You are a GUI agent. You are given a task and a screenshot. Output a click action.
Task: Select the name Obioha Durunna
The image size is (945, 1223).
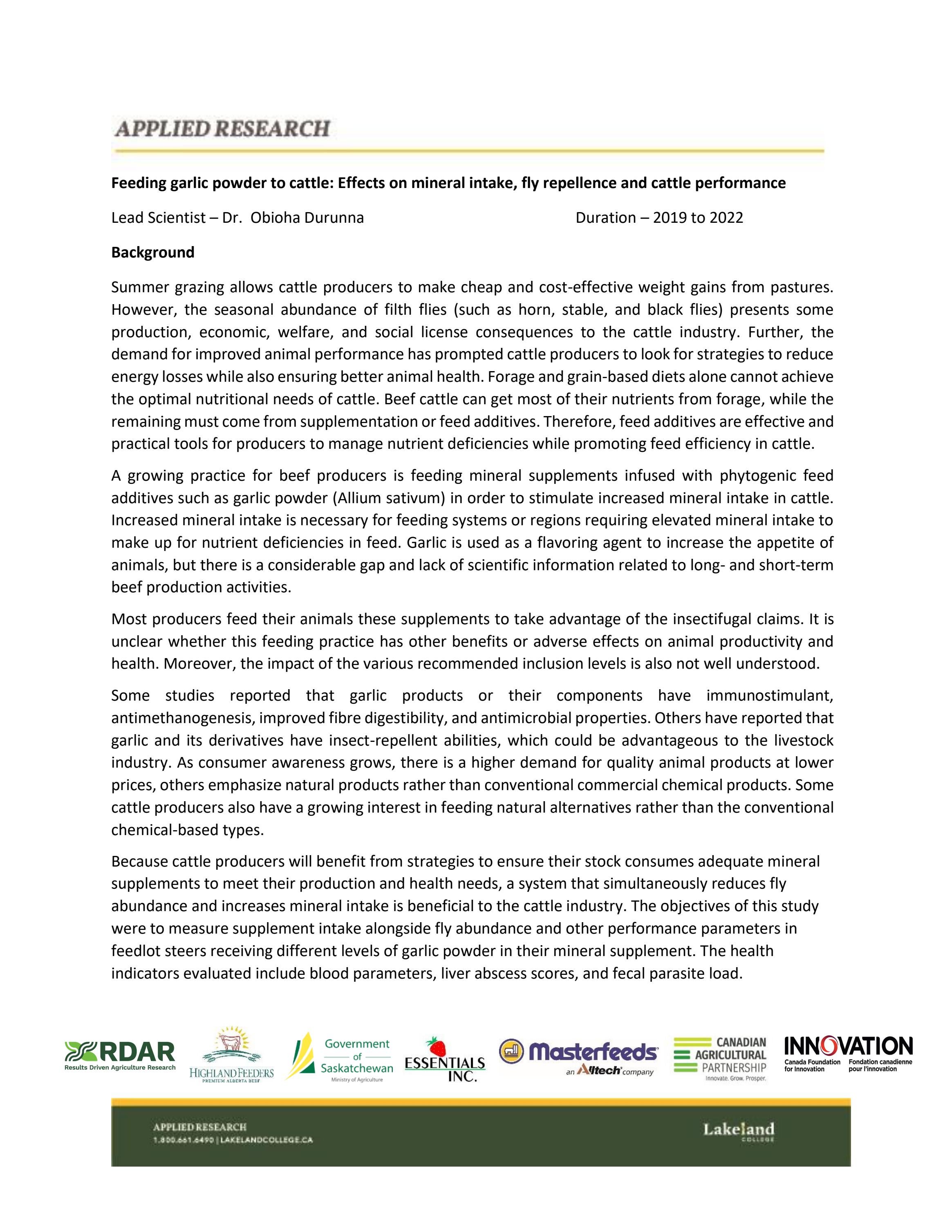[x=307, y=218]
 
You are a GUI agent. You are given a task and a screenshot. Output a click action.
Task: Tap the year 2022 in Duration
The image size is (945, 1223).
[x=726, y=218]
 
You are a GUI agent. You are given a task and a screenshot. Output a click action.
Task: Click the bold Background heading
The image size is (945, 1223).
[x=153, y=253]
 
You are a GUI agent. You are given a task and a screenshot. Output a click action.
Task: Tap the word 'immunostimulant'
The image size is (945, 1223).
[x=770, y=695]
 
